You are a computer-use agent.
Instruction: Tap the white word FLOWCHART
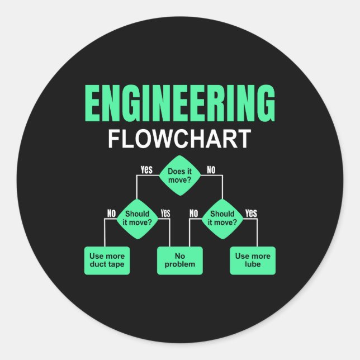pyautogui.click(x=179, y=139)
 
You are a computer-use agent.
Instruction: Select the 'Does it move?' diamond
pyautogui.click(x=180, y=176)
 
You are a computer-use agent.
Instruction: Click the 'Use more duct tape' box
pyautogui.click(x=107, y=260)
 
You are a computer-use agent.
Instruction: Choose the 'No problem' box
pyautogui.click(x=179, y=260)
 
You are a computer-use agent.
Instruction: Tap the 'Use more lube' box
pyautogui.click(x=253, y=260)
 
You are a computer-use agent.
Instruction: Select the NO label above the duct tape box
pyautogui.click(x=111, y=213)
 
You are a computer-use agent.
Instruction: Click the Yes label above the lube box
pyautogui.click(x=251, y=213)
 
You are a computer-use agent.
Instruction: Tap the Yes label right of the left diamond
pyautogui.click(x=165, y=213)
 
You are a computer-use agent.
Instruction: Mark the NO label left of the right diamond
pyautogui.click(x=194, y=213)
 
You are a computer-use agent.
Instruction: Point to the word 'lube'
pyautogui.click(x=253, y=264)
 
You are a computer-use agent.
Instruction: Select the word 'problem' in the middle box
pyautogui.click(x=179, y=264)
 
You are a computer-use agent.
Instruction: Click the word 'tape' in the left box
pyautogui.click(x=116, y=264)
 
